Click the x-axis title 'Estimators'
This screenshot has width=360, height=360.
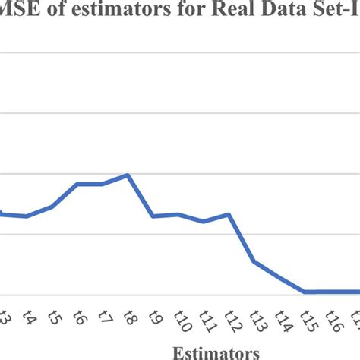pyautogui.click(x=216, y=352)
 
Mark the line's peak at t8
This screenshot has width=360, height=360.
pyautogui.click(x=128, y=175)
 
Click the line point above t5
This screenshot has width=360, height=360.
pyautogui.click(x=52, y=206)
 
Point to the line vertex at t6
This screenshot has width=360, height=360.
pyautogui.click(x=77, y=184)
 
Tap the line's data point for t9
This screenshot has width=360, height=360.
pyautogui.click(x=153, y=216)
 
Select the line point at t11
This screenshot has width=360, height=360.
pyautogui.click(x=204, y=222)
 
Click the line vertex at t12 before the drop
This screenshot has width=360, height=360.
pyautogui.click(x=229, y=214)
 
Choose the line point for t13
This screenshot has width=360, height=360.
pyautogui.click(x=254, y=262)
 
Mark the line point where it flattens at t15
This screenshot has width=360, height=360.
pyautogui.click(x=305, y=292)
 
